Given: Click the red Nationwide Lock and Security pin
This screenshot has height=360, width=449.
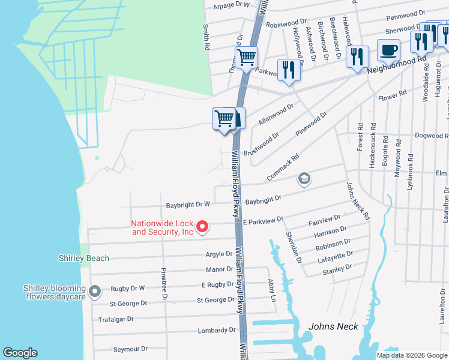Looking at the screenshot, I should [x=202, y=226].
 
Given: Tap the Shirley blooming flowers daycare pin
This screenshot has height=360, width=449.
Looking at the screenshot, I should [x=94, y=292].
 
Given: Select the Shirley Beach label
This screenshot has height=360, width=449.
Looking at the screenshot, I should [x=84, y=258].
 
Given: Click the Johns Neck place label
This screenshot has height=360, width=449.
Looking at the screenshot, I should [x=333, y=326].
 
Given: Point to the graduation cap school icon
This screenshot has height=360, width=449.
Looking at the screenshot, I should [x=304, y=179].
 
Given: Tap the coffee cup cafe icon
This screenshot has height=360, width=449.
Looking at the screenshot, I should [x=388, y=50].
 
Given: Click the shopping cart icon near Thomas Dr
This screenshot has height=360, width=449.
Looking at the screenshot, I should [x=246, y=58].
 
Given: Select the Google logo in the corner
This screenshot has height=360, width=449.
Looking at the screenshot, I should [x=20, y=353].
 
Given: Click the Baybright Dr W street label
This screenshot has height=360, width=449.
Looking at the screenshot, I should [x=187, y=204].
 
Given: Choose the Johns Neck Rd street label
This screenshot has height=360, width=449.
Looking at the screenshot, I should [x=358, y=200].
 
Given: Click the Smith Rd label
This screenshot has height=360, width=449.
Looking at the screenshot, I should [x=206, y=37].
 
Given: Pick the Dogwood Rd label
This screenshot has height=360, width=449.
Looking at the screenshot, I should [x=432, y=136].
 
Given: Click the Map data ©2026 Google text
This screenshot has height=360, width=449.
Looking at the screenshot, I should [x=411, y=355].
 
